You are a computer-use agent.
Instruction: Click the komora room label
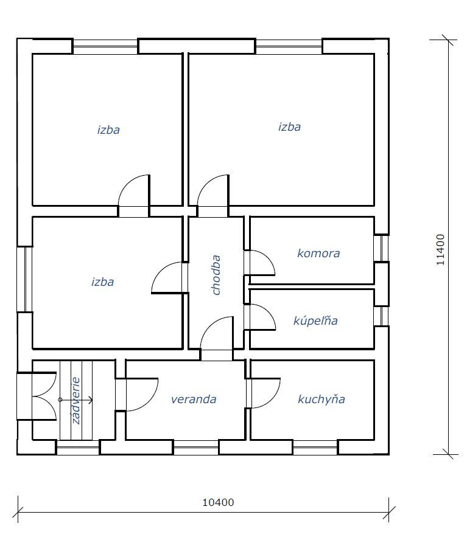318,254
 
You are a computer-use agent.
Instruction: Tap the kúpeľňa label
315,320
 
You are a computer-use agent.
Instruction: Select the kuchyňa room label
321,399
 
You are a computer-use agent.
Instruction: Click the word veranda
194,400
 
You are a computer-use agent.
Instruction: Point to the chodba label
216,275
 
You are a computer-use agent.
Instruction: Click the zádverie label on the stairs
76,401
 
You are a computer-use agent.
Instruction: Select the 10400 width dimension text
218,502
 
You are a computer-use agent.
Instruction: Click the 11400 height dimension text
440,250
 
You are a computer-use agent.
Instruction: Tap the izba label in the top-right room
289,126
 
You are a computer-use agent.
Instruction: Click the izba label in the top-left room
108,130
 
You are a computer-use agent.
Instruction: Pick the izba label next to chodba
102,282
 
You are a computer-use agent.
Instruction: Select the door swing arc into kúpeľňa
269,311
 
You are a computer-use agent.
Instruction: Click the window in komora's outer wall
382,248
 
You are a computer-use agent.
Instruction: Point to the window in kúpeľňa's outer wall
382,316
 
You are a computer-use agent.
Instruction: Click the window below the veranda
196,448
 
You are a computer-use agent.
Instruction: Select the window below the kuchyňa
315,448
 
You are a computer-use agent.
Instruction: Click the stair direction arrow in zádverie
76,400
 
